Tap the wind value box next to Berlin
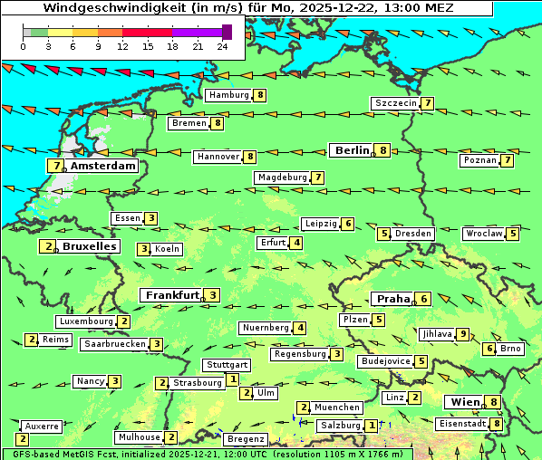[x=383, y=150]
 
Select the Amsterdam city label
[x=103, y=166]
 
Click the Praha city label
[x=393, y=299]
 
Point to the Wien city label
[x=463, y=402]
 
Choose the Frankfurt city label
[x=172, y=295]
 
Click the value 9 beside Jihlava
[x=463, y=334]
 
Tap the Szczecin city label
[x=396, y=103]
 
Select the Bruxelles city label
[x=88, y=246]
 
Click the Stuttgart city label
[x=227, y=365]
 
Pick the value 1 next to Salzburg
[x=372, y=425]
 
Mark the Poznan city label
[x=480, y=160]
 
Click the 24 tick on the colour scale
[x=222, y=45]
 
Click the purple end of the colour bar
[x=227, y=32]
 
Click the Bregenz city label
[x=246, y=439]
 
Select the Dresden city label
[x=413, y=234]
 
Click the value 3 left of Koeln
[x=143, y=249]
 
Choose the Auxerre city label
[x=42, y=426]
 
